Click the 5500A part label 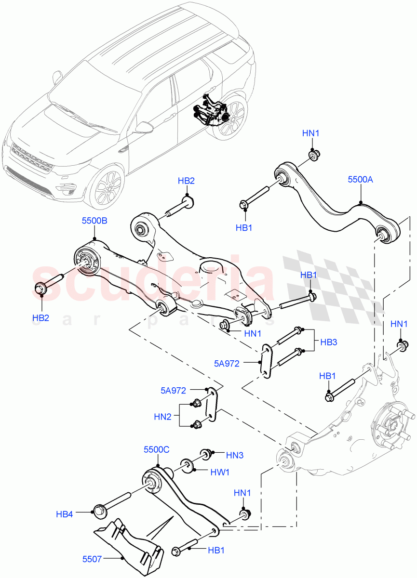coord(361,179)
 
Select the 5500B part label coord(94,221)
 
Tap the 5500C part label coord(156,449)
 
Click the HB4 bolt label coord(64,514)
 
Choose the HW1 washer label coord(220,473)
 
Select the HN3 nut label coord(235,454)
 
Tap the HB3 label coord(328,342)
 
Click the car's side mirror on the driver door coord(144,127)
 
